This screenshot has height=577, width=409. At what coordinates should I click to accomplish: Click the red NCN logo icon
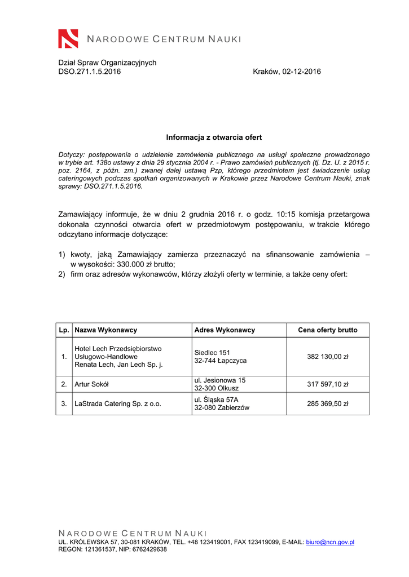[68, 38]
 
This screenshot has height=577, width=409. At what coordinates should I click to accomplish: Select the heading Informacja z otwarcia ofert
[214, 137]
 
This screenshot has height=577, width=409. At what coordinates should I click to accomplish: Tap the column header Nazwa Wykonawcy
[106, 330]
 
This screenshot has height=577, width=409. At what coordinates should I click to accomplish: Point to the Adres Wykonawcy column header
[225, 330]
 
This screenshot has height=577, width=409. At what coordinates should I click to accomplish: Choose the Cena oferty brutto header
[328, 330]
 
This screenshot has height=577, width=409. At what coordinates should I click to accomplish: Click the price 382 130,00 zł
[328, 357]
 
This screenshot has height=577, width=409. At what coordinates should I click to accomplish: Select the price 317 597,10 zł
[328, 384]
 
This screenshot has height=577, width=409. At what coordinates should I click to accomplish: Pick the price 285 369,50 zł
[328, 403]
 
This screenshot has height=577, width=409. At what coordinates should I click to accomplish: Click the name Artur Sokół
[92, 384]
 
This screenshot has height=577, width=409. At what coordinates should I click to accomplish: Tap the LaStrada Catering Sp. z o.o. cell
[118, 403]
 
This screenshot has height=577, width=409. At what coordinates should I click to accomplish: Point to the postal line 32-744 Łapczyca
[221, 361]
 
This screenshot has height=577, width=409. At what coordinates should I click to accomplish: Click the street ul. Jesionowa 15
[220, 380]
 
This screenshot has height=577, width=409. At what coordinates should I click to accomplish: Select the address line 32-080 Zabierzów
[222, 407]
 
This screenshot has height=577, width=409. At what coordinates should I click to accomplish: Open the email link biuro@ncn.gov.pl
[329, 542]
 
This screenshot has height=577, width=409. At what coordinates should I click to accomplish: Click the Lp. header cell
[64, 330]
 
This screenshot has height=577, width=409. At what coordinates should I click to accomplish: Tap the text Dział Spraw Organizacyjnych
[107, 63]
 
